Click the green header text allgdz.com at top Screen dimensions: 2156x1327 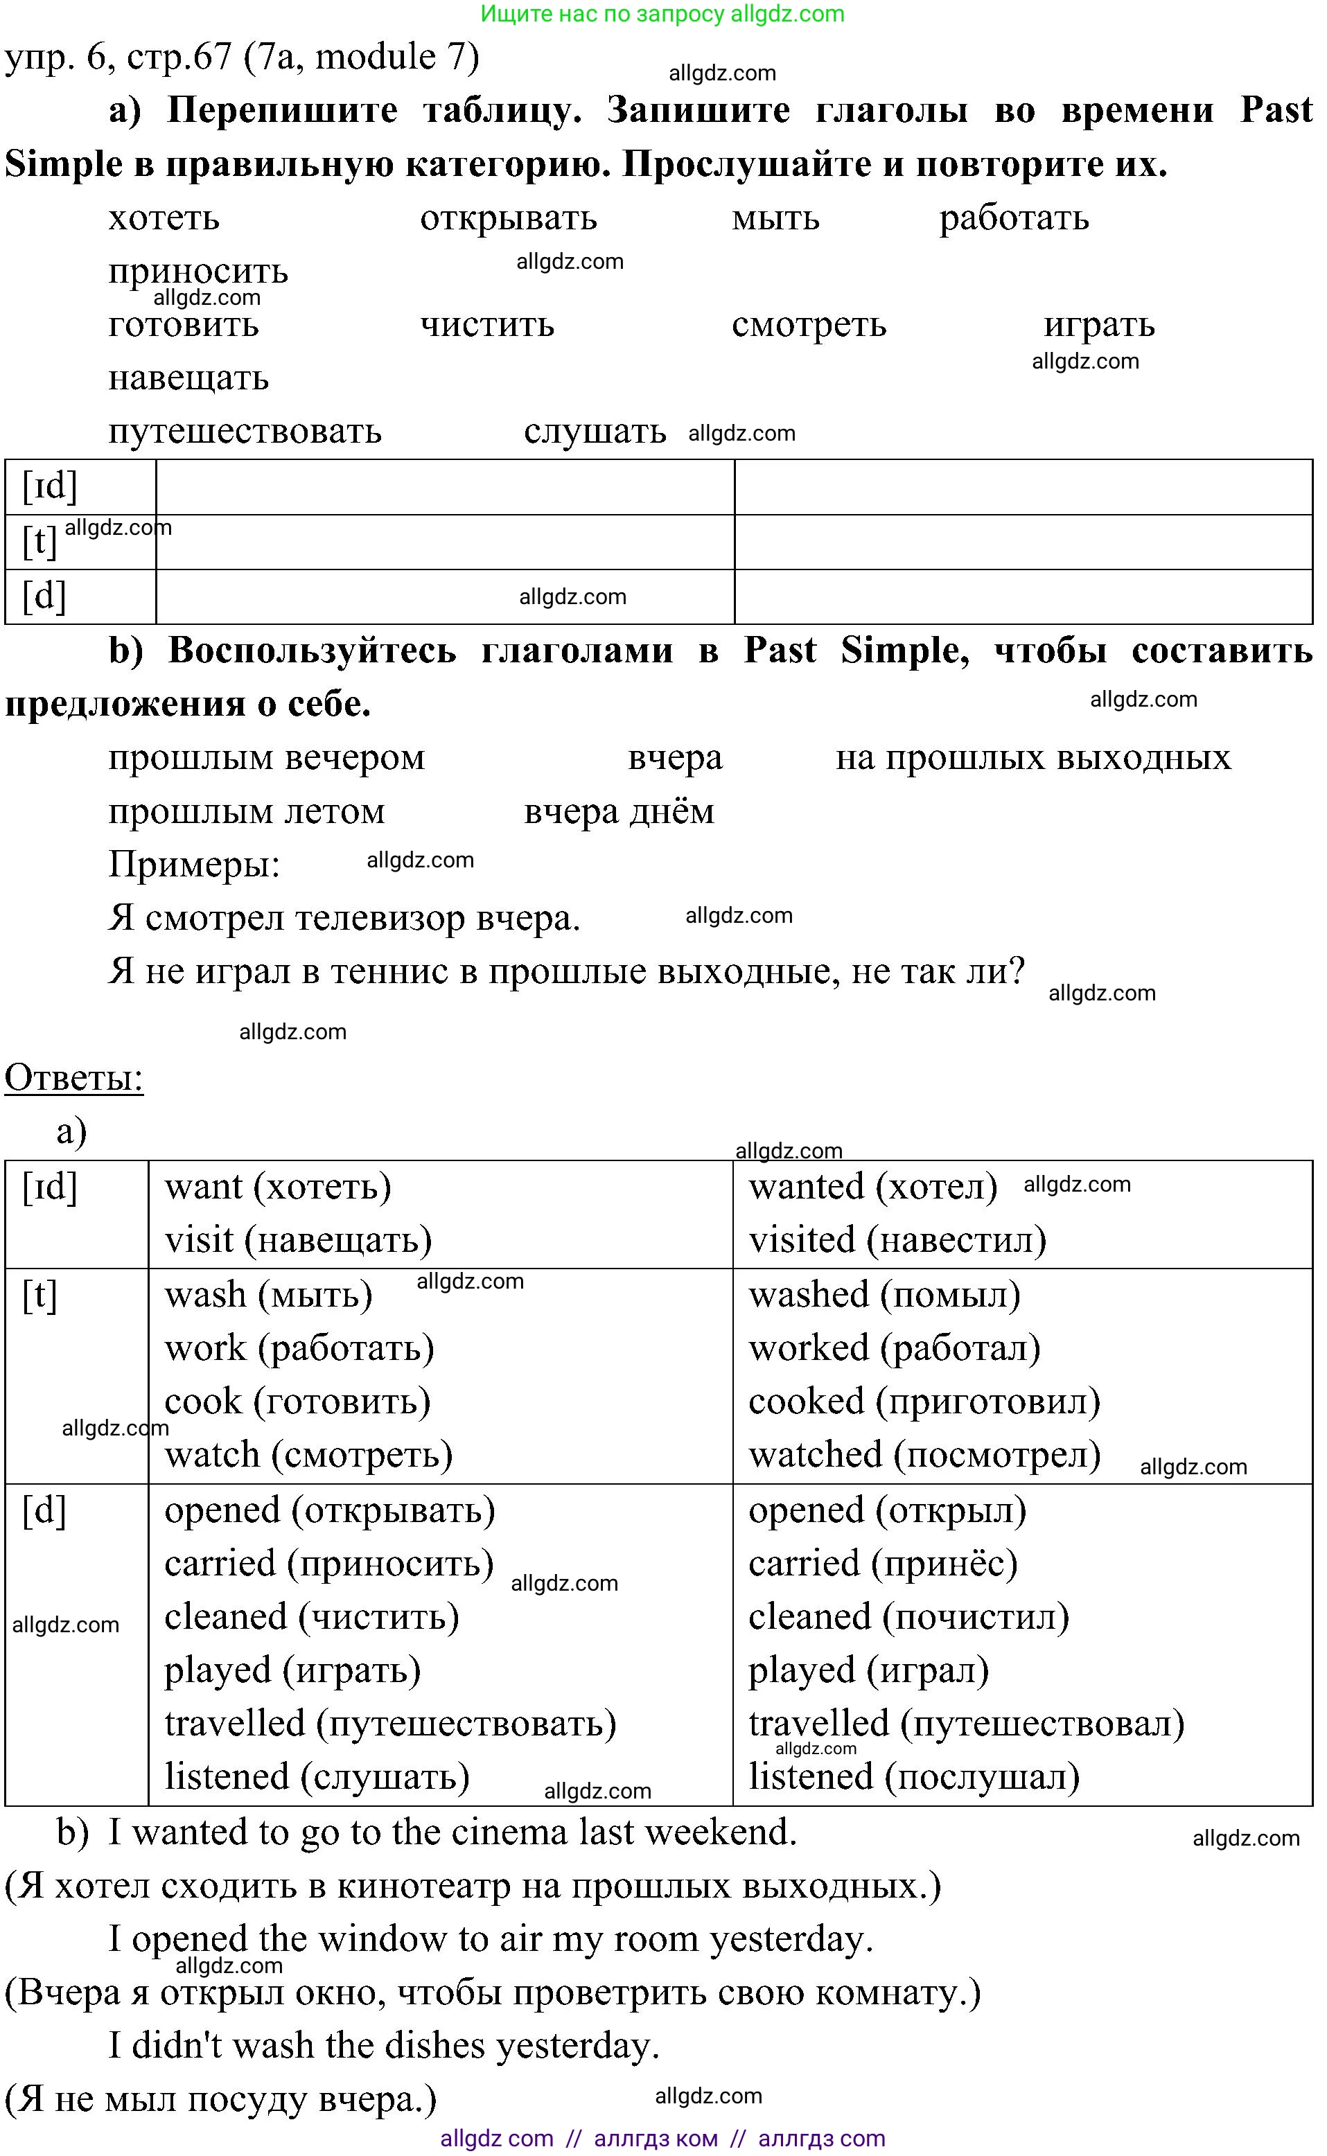click(662, 14)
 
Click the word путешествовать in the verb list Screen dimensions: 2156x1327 click(245, 431)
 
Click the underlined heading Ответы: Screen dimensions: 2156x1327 click(73, 1077)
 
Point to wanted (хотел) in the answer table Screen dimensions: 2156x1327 click(872, 1186)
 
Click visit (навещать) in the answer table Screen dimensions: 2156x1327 click(299, 1240)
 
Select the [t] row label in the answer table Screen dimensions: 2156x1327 click(39, 1295)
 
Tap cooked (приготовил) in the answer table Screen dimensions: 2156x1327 click(924, 1402)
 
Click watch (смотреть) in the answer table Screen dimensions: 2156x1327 click(309, 1455)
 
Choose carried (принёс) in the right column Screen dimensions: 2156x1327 click(882, 1564)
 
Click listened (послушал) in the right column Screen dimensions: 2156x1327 click(913, 1777)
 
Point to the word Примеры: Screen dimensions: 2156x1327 click(194, 865)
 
